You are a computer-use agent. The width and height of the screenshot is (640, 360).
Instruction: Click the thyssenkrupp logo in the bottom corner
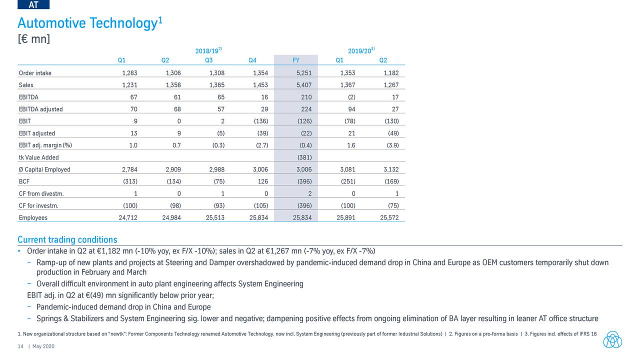tap(612, 339)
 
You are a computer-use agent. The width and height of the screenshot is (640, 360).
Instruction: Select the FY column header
tap(296, 60)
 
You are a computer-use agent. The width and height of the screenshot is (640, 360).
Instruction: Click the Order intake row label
tap(35, 73)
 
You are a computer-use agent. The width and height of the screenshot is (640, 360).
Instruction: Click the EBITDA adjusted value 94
tap(351, 109)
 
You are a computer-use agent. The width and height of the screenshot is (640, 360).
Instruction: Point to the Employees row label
tap(33, 217)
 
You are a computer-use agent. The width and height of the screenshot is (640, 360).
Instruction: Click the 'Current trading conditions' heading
tap(67, 239)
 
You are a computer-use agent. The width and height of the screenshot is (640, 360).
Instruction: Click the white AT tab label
tap(34, 4)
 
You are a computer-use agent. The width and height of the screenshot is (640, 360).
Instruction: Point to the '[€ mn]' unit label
tap(33, 38)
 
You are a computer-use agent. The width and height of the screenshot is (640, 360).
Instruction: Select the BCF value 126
tap(263, 181)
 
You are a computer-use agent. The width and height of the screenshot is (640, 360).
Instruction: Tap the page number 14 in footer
tap(21, 346)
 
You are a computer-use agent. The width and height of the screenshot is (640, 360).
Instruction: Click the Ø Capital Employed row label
tap(44, 169)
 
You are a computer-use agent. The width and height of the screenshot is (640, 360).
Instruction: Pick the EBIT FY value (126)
tap(304, 121)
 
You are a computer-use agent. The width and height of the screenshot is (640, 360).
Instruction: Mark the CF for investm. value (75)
tap(393, 205)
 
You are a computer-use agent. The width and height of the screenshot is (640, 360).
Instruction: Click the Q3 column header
tap(208, 60)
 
